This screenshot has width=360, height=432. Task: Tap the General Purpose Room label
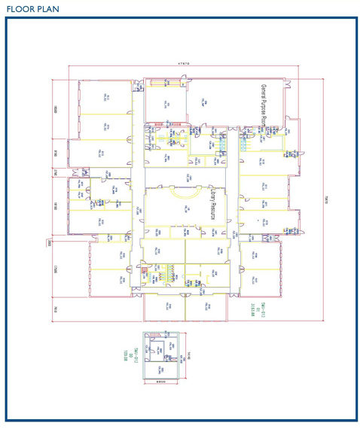[x=264, y=105]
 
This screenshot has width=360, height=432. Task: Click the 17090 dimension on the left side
[x=56, y=270]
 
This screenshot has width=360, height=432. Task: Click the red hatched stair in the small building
[x=153, y=334]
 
